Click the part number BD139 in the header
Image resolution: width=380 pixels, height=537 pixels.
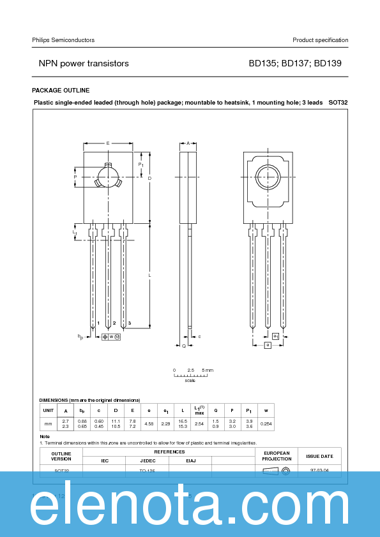tap(328, 64)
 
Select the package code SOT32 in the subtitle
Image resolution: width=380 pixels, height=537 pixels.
tap(338, 102)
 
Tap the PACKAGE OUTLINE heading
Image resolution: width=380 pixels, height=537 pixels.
tap(61, 91)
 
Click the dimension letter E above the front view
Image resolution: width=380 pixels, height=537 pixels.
tap(107, 143)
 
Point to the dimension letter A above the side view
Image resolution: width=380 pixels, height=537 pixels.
tap(188, 143)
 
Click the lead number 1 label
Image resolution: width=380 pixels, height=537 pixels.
tap(98, 323)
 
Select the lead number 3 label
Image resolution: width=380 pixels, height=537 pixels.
tap(129, 323)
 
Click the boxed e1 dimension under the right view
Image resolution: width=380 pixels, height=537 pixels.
tap(275, 335)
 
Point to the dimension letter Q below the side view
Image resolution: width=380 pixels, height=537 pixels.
tap(184, 346)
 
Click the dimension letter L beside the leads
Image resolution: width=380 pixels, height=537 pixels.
tap(149, 275)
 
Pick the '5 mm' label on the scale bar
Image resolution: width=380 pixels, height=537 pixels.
tap(208, 370)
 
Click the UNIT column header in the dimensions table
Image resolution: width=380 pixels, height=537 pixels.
tap(48, 411)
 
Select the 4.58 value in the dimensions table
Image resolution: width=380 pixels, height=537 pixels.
tap(149, 423)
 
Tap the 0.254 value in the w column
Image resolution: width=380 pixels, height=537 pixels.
tap(266, 423)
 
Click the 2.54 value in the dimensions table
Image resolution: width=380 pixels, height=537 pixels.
tap(199, 423)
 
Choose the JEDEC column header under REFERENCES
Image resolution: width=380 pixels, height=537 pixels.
tap(148, 460)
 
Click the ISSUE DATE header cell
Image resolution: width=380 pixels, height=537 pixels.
tap(319, 456)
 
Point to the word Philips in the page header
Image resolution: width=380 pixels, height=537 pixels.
tap(42, 40)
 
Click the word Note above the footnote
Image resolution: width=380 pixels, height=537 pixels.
tap(45, 437)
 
